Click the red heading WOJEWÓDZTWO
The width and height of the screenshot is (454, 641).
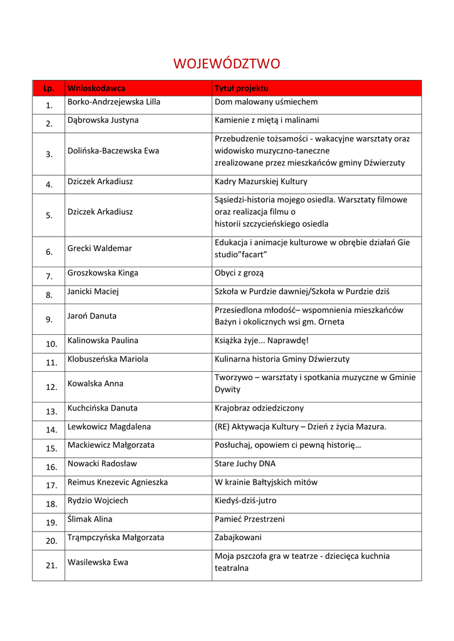tap(227, 64)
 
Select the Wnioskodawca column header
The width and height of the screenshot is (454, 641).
tap(96, 88)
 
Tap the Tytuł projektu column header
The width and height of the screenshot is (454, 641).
tap(241, 88)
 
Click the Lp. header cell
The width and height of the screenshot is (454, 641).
tap(49, 88)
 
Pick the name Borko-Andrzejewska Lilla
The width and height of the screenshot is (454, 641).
tap(114, 102)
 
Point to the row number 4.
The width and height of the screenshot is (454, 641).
tap(49, 185)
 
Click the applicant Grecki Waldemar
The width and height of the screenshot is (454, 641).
tap(100, 249)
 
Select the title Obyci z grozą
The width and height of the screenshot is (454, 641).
tap(239, 274)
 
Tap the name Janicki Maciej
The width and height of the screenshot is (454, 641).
tap(93, 292)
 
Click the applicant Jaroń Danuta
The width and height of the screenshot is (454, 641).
tap(92, 316)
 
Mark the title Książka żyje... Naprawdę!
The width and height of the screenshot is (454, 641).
tap(262, 341)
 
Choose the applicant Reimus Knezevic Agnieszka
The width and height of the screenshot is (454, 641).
tap(118, 483)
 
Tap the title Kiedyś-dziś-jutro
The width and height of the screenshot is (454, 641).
tap(245, 501)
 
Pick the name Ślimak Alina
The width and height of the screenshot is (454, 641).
tap(90, 520)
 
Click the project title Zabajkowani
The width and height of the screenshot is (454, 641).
tap(238, 538)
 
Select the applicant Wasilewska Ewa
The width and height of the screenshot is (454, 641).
tap(98, 562)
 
